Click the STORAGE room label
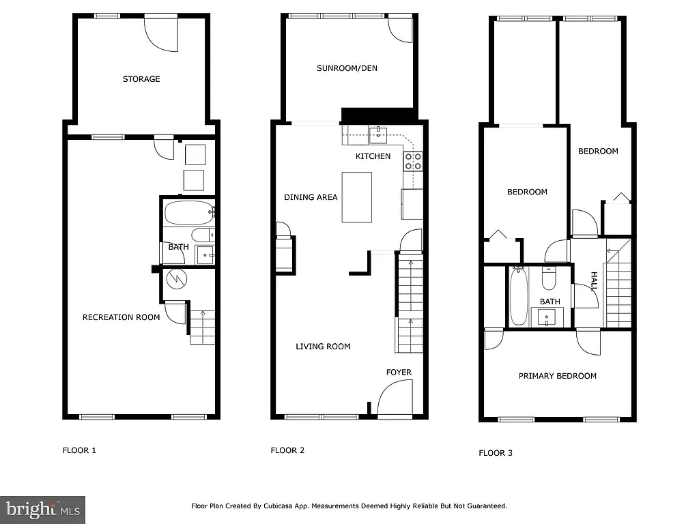tap(141, 79)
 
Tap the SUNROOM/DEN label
tap(347, 68)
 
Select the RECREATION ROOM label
tap(122, 317)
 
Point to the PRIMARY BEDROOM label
tap(557, 376)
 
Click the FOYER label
tap(399, 373)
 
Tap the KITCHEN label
tap(373, 156)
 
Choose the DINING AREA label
tap(311, 197)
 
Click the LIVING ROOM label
tap(323, 347)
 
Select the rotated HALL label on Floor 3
tap(594, 282)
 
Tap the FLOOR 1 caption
tap(80, 450)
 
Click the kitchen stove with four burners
tap(413, 161)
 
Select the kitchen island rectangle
tap(356, 197)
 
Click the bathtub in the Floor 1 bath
tap(188, 213)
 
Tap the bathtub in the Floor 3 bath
tap(519, 297)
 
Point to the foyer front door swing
tap(394, 398)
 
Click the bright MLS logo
tap(42, 509)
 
